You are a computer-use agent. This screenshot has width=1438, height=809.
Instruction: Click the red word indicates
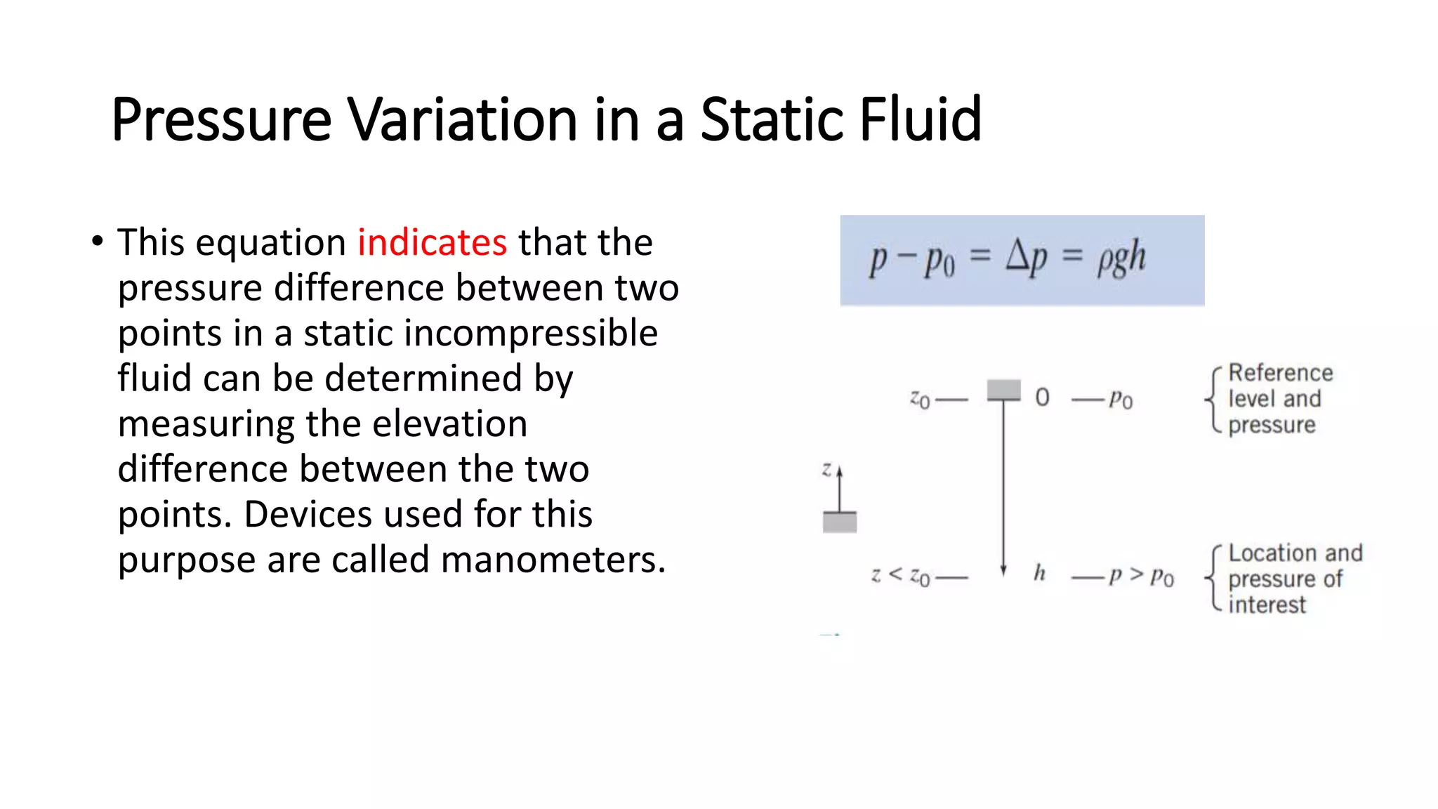(x=432, y=242)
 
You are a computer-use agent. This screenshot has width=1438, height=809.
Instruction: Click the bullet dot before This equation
(x=98, y=241)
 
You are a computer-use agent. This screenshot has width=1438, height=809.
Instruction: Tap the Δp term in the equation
(x=1027, y=257)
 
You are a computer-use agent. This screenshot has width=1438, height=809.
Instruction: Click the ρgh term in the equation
(x=1121, y=258)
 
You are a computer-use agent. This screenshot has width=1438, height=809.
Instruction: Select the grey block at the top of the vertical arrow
(x=1003, y=390)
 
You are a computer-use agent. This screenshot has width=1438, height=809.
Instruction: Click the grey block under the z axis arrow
(x=840, y=522)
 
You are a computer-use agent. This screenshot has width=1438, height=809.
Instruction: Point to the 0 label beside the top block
(x=1043, y=397)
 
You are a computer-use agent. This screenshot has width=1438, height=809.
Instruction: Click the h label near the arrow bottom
(x=1040, y=573)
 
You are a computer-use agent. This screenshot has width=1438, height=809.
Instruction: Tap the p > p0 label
(x=1141, y=576)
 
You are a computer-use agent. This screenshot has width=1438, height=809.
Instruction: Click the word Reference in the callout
(x=1280, y=372)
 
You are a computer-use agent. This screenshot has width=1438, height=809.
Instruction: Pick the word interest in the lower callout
(x=1267, y=605)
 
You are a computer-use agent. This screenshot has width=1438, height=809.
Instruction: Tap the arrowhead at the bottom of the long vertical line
(x=1003, y=570)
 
